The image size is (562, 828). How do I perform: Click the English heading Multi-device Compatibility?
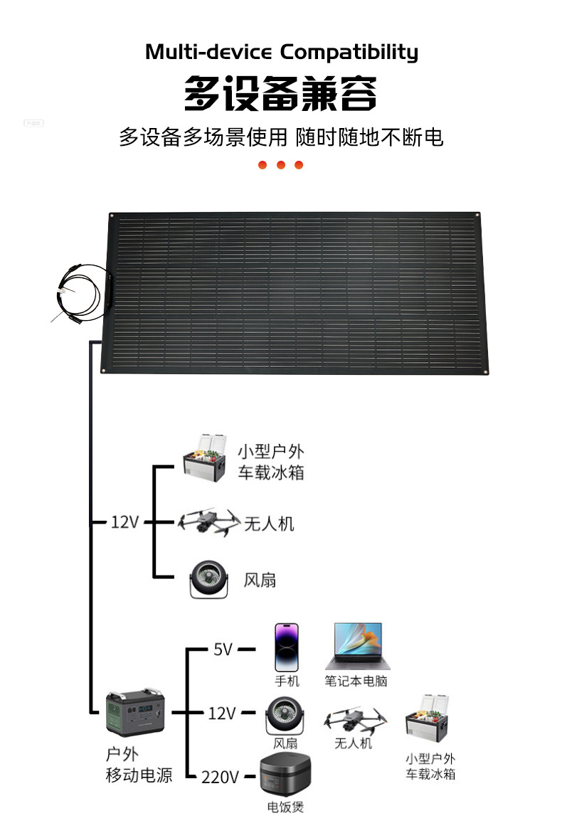(x=281, y=52)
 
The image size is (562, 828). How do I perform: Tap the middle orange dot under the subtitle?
(x=281, y=165)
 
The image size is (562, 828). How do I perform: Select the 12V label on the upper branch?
(x=124, y=523)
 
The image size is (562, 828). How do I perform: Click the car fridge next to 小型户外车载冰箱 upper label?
(x=205, y=460)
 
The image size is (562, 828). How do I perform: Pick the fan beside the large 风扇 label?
(x=211, y=580)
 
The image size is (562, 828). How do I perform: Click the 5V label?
(x=223, y=649)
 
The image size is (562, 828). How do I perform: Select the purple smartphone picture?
(x=287, y=647)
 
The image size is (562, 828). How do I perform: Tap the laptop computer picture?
(x=356, y=647)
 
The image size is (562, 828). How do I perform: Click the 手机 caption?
(x=287, y=681)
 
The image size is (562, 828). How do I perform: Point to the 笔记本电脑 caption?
(x=356, y=681)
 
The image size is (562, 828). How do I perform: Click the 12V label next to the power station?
(x=221, y=713)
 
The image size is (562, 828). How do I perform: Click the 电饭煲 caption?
(x=285, y=807)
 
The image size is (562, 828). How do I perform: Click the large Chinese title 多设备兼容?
(x=281, y=93)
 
